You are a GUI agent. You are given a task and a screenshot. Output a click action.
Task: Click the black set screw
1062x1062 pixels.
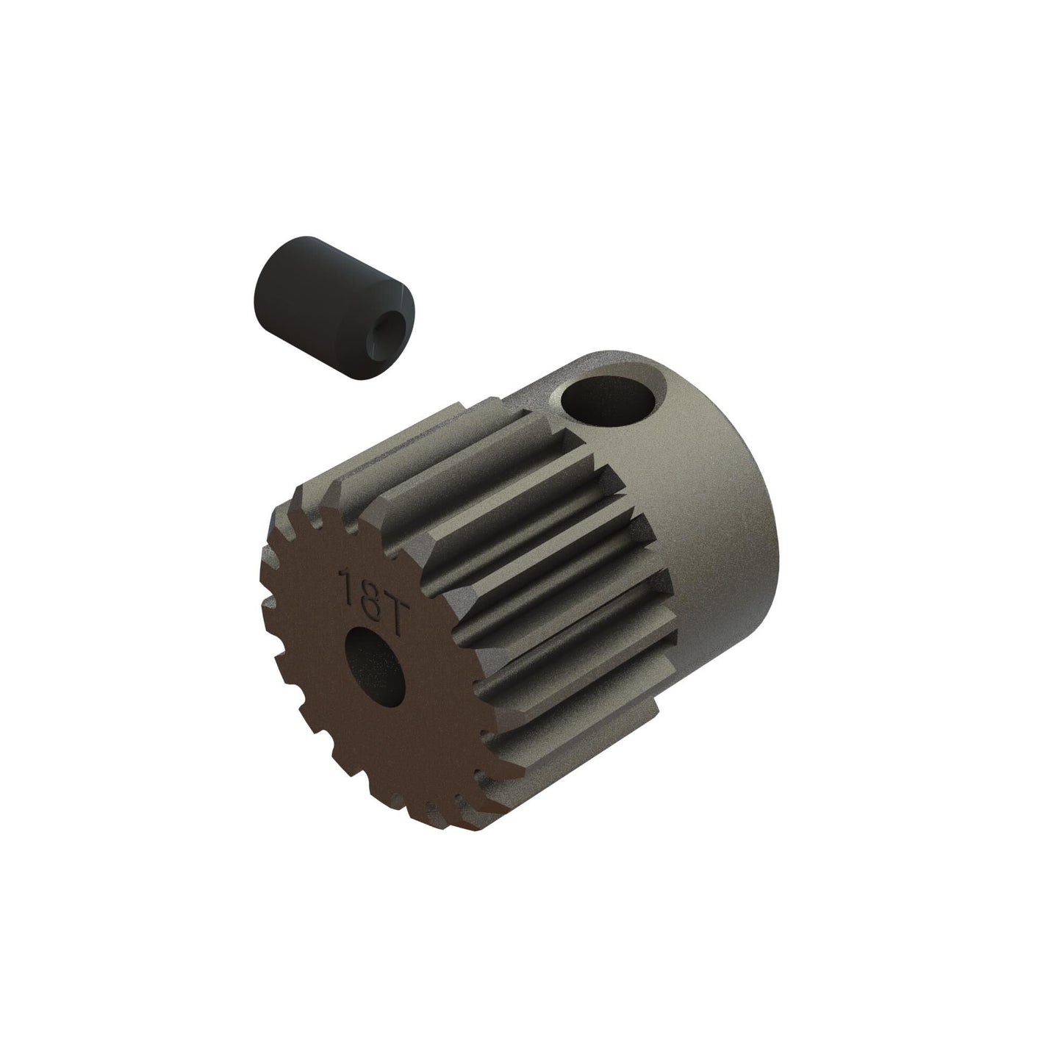293,275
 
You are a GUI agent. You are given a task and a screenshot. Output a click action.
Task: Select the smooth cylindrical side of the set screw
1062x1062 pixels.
279,265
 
